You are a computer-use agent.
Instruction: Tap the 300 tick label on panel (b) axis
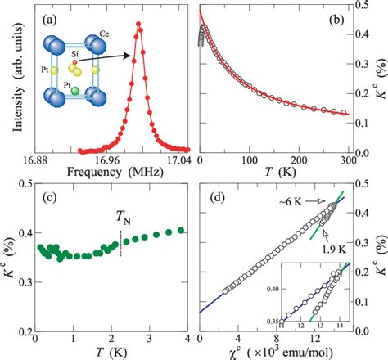349,163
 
